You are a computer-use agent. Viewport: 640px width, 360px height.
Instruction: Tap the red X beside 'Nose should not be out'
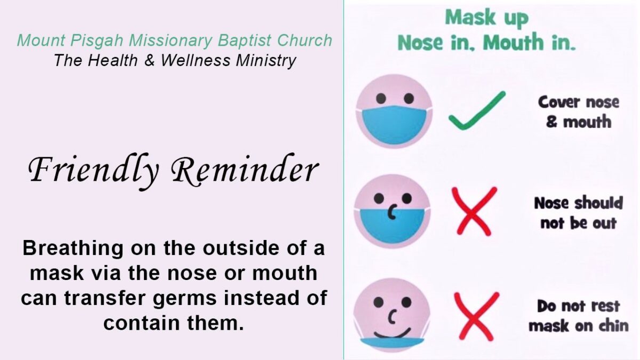coord(474,211)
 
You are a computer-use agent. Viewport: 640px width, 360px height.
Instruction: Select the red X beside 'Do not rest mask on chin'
coord(477,316)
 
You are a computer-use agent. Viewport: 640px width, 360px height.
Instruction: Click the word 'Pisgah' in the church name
coord(97,41)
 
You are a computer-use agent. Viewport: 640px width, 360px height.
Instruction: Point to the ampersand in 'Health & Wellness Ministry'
coord(149,60)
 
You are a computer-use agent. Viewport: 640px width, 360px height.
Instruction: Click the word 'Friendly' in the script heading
coord(93,171)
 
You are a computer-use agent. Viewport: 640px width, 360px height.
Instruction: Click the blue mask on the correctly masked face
coord(394,125)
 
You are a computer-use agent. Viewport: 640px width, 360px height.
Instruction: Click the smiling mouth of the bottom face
coord(393,333)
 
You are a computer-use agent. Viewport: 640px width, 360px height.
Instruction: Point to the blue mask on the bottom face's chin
coord(392,343)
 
